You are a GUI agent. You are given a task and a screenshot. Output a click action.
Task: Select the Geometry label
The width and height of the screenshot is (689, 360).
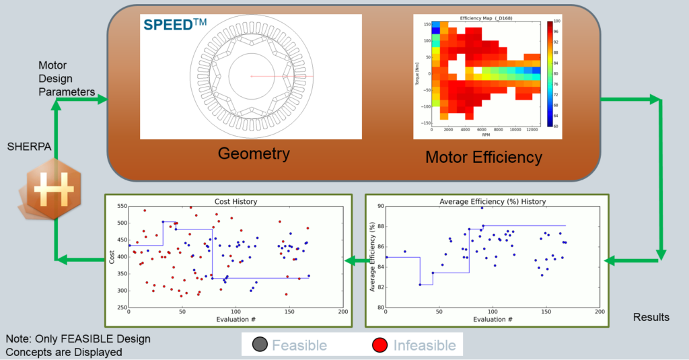coord(254,154)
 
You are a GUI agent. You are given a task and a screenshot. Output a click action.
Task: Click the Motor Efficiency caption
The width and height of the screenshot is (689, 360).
coord(483,157)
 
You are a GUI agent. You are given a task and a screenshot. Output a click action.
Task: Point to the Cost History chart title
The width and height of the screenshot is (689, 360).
coord(235,201)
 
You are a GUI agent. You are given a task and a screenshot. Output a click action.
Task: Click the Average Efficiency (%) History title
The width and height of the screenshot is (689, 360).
coord(492,201)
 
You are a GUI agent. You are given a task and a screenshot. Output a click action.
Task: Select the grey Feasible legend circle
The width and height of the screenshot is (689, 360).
coord(258,345)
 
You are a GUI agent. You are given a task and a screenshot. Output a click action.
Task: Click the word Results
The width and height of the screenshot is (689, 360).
coord(651,317)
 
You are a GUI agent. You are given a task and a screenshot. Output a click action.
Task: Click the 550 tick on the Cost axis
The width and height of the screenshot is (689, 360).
coord(120,206)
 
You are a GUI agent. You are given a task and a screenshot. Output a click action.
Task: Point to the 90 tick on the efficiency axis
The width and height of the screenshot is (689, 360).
coord(378,207)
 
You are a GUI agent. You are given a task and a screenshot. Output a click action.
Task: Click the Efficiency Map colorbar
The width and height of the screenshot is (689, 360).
coord(549,74)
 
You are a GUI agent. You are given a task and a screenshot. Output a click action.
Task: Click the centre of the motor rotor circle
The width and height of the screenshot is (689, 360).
coord(252,76)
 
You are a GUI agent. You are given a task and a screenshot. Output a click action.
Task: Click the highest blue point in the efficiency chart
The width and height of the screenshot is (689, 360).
coord(482,208)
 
